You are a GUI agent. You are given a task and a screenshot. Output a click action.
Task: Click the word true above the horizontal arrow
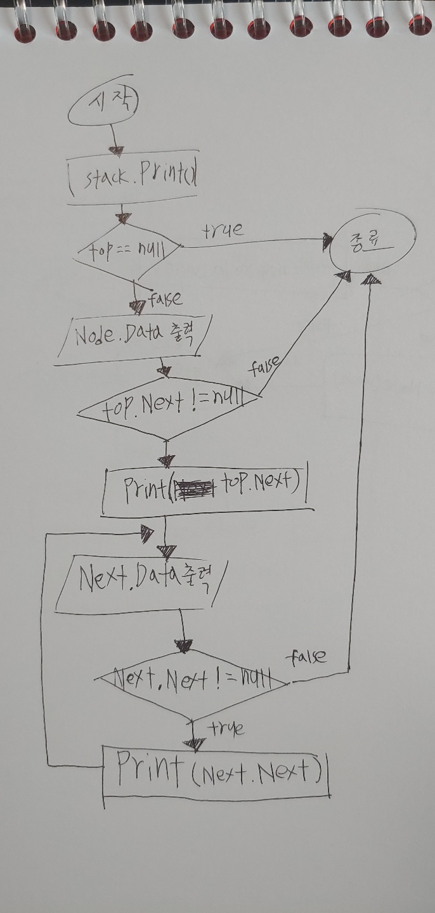[x=223, y=230]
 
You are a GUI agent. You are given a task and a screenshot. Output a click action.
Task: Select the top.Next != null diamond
[x=168, y=408]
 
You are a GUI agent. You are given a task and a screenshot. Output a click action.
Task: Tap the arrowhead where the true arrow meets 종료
[x=328, y=240]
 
